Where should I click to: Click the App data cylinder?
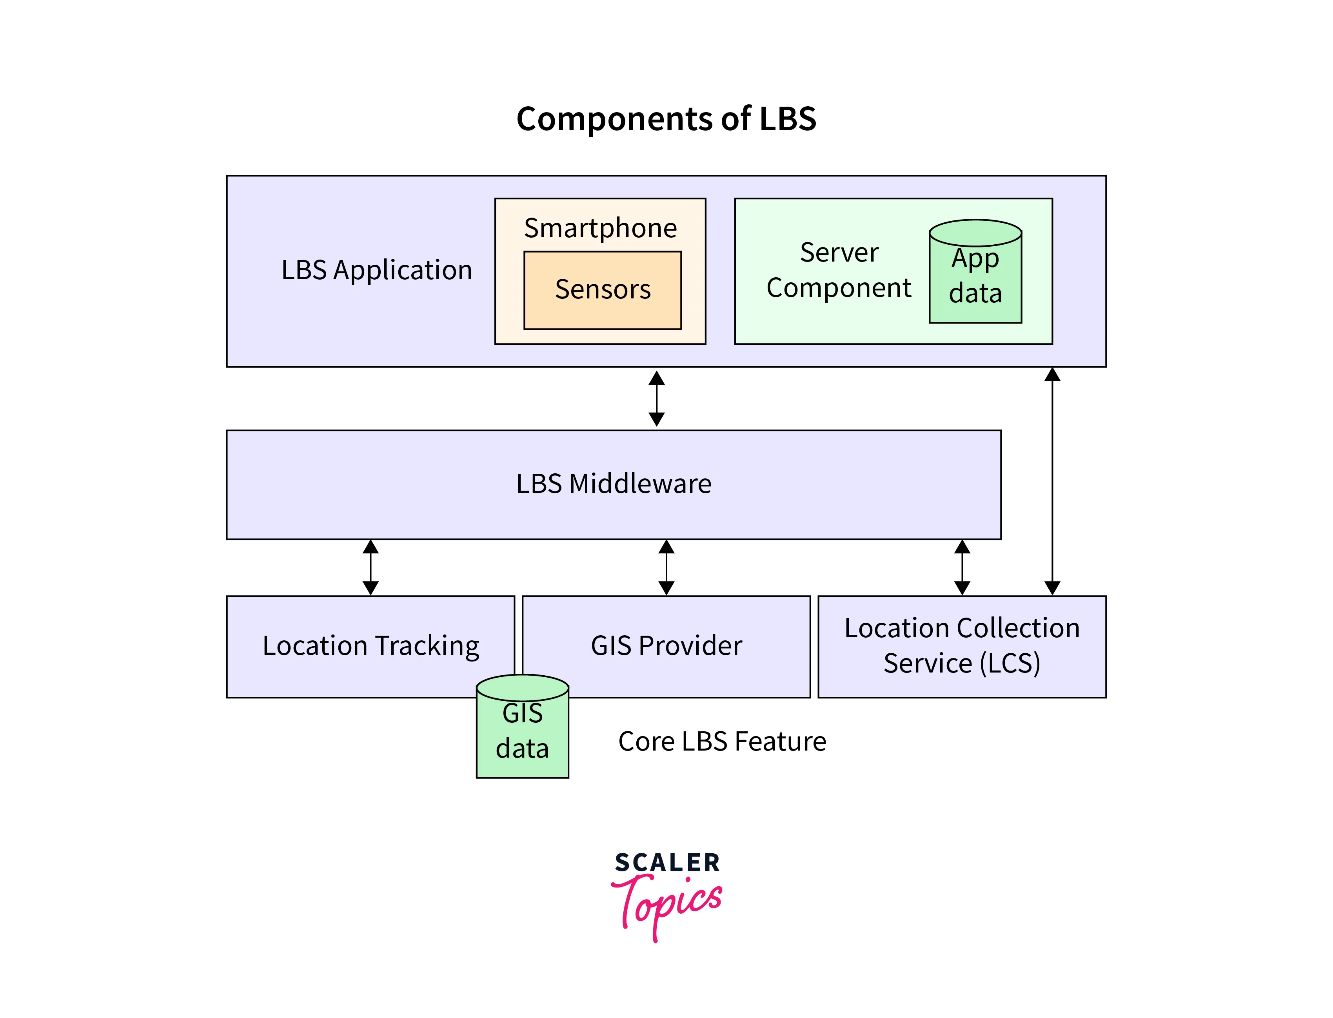coord(975,273)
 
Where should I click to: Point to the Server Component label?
coord(839,270)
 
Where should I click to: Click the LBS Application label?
coord(376,270)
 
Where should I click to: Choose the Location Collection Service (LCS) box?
coord(962,646)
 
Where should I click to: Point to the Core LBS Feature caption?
coord(722,742)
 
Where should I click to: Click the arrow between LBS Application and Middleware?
coord(656,399)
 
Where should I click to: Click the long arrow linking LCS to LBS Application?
coord(1052,482)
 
